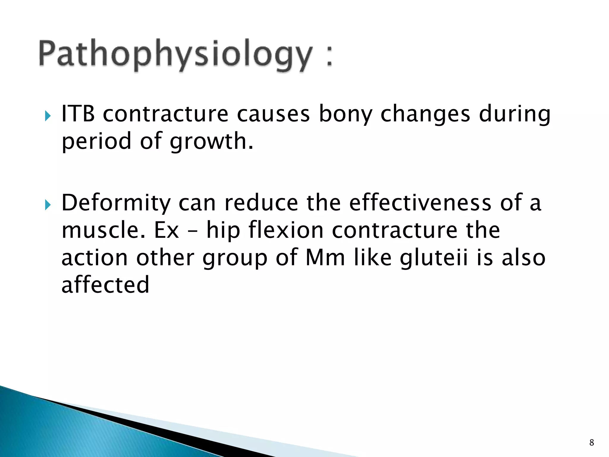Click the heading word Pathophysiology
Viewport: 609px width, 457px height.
[175, 55]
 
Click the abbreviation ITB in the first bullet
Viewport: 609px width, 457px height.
[78, 114]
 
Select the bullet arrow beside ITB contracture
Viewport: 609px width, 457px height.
[48, 116]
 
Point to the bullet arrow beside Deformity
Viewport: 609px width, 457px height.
[48, 205]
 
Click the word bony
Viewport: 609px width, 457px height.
[346, 115]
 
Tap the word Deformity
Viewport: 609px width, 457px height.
[116, 203]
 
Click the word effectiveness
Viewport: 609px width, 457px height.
[420, 203]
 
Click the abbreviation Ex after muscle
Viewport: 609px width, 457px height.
[167, 231]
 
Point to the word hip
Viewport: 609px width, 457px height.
[223, 231]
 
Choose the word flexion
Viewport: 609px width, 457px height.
[286, 231]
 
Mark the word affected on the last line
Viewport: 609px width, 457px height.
[105, 285]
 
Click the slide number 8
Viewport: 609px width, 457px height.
[591, 442]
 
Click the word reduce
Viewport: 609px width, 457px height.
[261, 203]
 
